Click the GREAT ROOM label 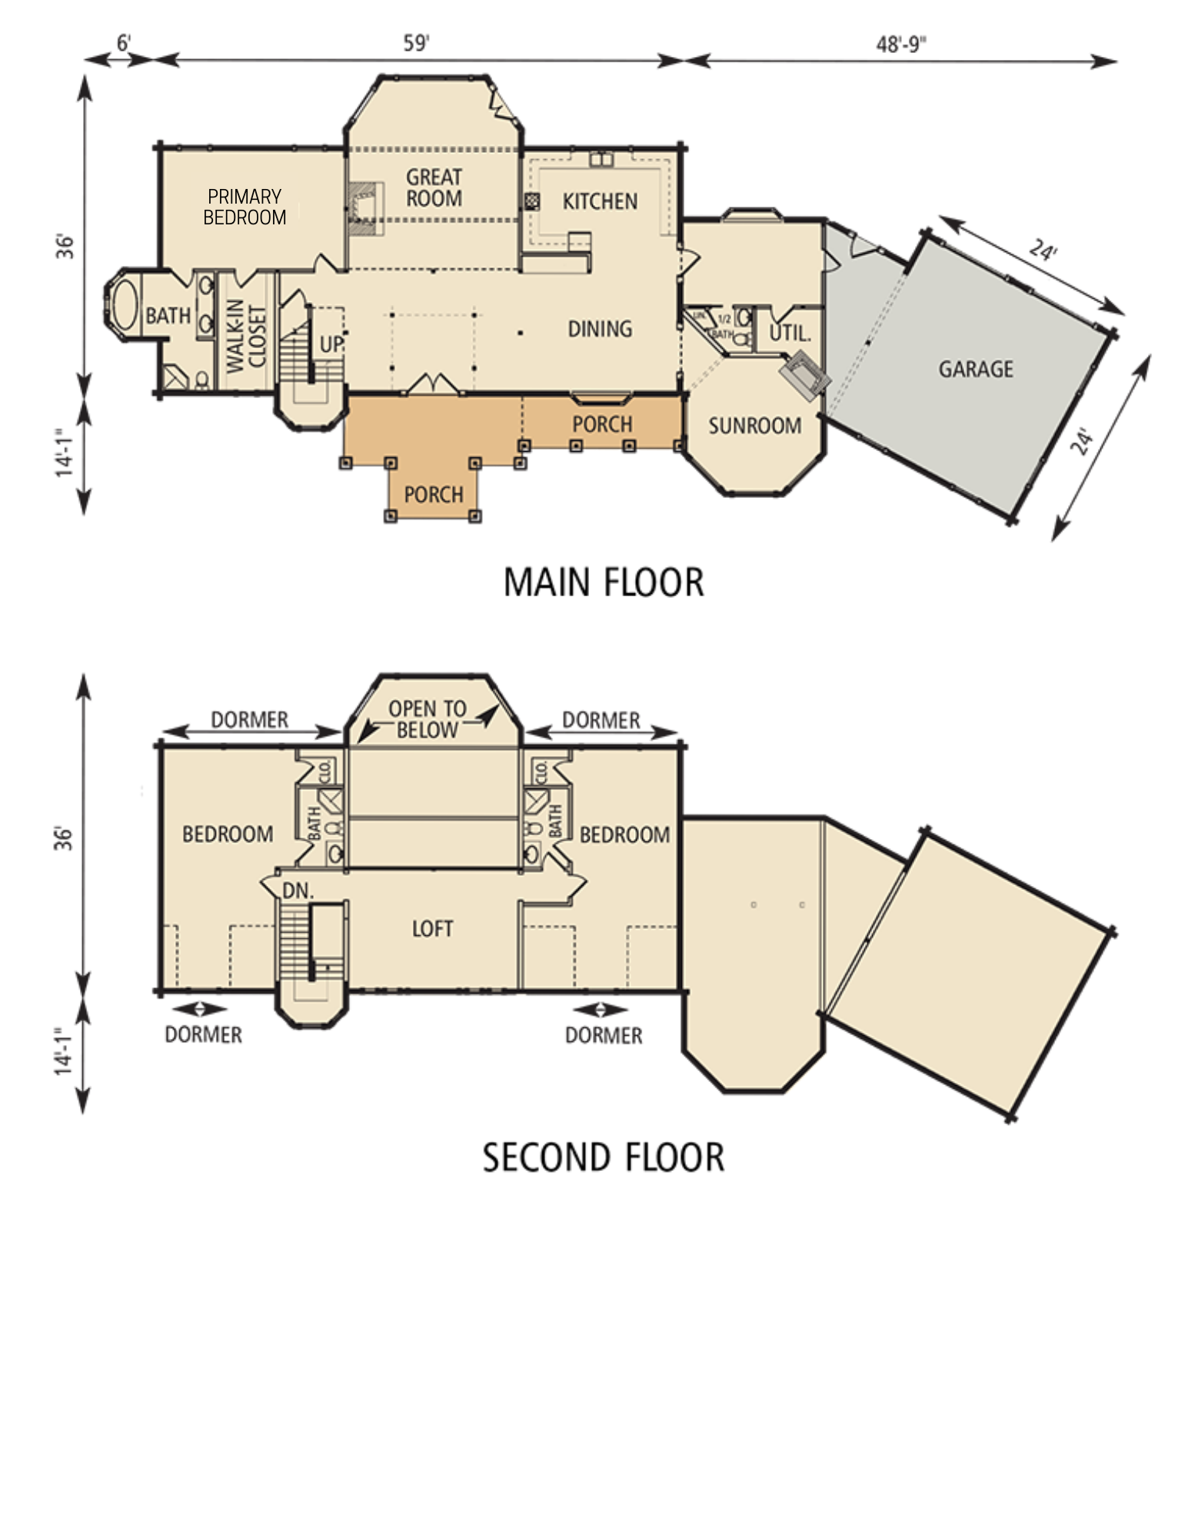[x=434, y=187]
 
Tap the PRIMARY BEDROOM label [x=245, y=207]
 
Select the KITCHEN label [x=600, y=201]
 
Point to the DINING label [x=600, y=329]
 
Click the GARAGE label [x=976, y=369]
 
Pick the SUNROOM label [x=754, y=426]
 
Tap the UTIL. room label [x=790, y=333]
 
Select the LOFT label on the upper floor [x=433, y=929]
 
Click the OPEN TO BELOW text [x=428, y=719]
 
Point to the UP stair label [x=331, y=344]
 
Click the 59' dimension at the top [x=416, y=43]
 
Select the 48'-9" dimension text [x=902, y=44]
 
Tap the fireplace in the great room [x=362, y=207]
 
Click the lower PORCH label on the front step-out [x=434, y=494]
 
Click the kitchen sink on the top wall [x=600, y=159]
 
